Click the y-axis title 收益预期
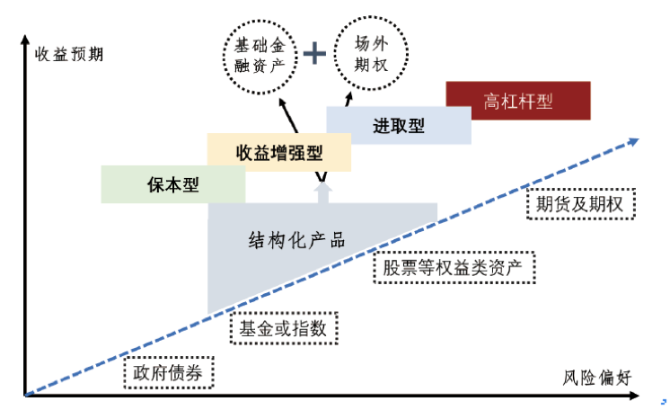tap(68, 53)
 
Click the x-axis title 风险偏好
tap(598, 378)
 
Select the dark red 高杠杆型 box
tap(517, 101)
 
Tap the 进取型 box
tap(398, 126)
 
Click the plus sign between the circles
tap(314, 54)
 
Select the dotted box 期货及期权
tap(579, 204)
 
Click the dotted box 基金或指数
tap(287, 327)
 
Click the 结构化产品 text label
tap(296, 240)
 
